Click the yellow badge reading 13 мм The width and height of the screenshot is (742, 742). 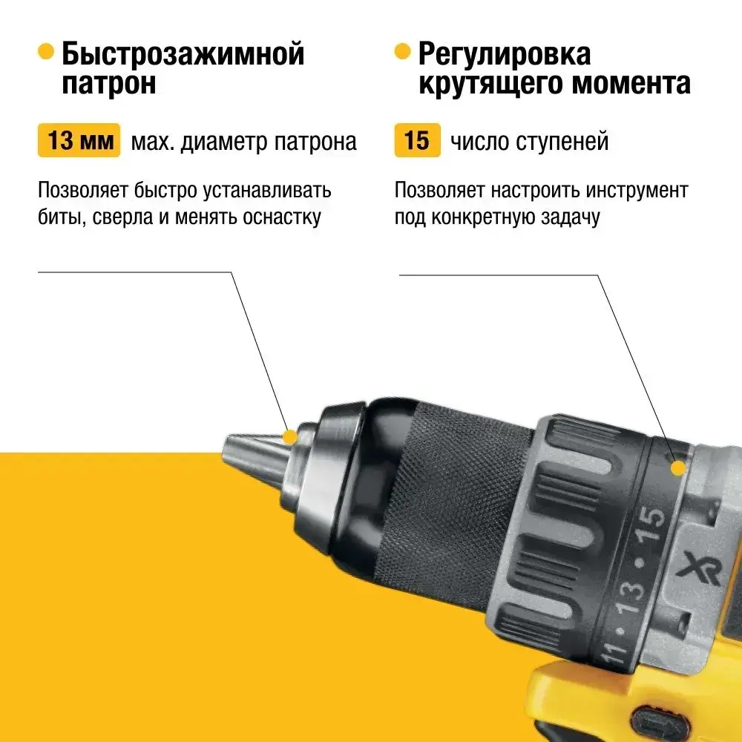point(79,141)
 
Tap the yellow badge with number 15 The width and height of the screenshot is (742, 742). point(417,141)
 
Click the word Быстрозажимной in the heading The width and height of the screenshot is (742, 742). point(183,54)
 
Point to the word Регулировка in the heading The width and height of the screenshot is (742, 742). point(505,54)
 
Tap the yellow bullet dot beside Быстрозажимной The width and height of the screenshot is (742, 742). point(46,52)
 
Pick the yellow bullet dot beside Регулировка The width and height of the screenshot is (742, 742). point(402,52)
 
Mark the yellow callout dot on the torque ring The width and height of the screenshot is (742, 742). point(677,467)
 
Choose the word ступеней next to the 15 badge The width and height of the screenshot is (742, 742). point(563,142)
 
